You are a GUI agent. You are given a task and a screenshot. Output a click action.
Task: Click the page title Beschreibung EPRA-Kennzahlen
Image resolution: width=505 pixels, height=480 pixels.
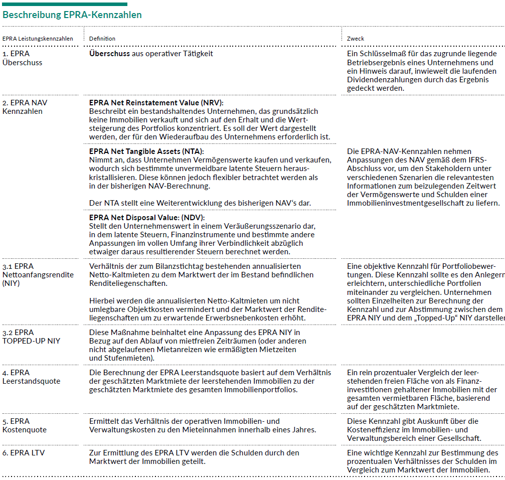(72, 15)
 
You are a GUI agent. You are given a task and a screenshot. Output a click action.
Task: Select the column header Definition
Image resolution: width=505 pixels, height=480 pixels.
(102, 39)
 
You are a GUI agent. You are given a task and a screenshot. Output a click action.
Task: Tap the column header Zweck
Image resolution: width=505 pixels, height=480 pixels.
(356, 39)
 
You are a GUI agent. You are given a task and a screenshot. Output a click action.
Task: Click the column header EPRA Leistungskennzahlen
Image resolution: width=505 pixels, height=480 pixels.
(38, 39)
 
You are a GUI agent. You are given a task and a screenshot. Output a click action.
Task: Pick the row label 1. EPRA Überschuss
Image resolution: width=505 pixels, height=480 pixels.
(23, 58)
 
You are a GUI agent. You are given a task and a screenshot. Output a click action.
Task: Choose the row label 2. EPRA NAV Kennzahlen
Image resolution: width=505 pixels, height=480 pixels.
(25, 107)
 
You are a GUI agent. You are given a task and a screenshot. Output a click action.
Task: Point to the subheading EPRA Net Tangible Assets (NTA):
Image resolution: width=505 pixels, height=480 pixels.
(147, 151)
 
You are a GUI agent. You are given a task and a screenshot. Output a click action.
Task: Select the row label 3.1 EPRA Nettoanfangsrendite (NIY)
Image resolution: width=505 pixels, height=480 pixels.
(38, 275)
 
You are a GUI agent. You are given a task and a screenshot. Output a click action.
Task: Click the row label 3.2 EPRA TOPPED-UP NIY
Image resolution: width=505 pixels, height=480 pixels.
(31, 337)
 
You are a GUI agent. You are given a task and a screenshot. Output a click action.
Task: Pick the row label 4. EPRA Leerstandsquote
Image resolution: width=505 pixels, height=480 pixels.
(31, 377)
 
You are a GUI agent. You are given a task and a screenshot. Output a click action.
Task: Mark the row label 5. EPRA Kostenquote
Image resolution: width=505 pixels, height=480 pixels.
(25, 425)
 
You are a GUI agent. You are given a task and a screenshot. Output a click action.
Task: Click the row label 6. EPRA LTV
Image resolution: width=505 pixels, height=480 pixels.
(24, 453)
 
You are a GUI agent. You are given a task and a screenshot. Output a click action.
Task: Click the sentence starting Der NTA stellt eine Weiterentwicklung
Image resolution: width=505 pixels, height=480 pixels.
(200, 203)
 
